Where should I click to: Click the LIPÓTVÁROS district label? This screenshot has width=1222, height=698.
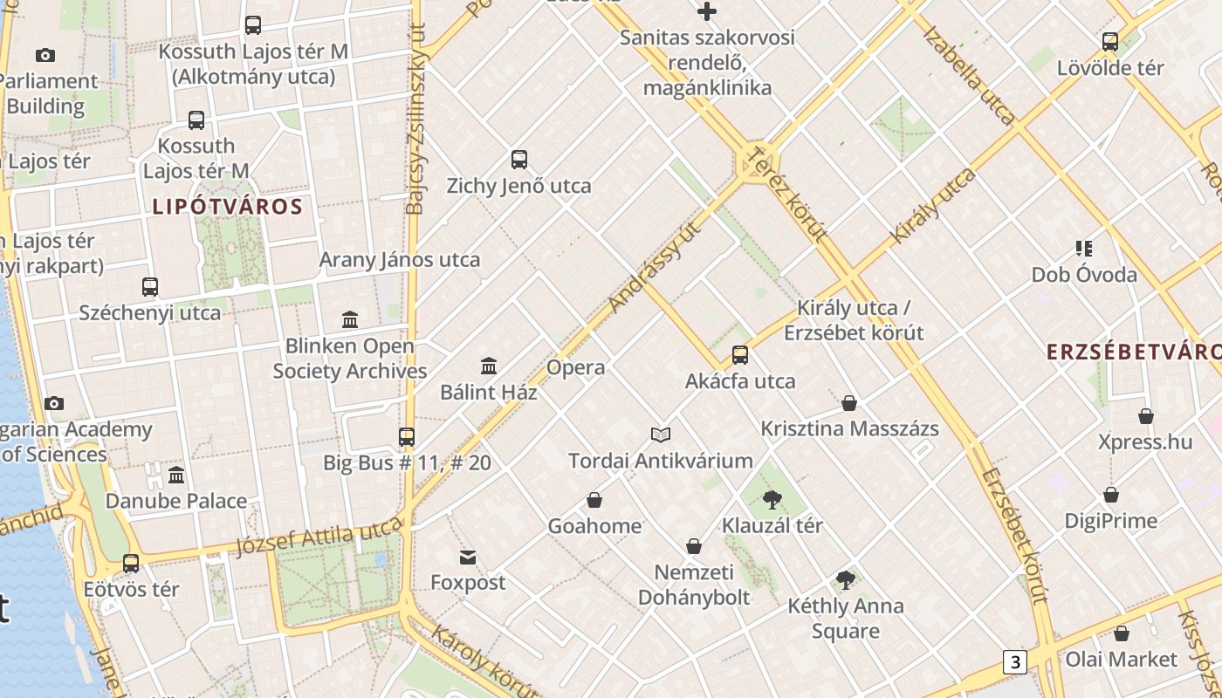click(227, 207)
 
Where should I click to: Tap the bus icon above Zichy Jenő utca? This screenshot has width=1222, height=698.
click(519, 160)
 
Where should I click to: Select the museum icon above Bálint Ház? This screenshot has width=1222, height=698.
click(489, 366)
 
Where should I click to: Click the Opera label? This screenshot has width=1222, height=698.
click(575, 367)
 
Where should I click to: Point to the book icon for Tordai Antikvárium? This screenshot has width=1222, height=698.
click(661, 435)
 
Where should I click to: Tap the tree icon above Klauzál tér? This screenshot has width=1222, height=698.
click(772, 500)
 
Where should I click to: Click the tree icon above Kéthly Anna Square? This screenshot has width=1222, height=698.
click(845, 579)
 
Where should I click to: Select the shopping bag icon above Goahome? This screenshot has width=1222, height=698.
click(594, 500)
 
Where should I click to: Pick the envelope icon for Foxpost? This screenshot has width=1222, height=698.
click(468, 557)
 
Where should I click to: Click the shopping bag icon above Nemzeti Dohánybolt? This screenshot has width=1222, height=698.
click(694, 546)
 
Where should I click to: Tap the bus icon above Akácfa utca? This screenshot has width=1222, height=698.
click(740, 355)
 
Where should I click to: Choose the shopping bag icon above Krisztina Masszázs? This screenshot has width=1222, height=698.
click(849, 403)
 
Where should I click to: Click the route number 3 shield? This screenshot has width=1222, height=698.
click(1014, 661)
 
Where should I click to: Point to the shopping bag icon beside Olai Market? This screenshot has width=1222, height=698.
click(1122, 633)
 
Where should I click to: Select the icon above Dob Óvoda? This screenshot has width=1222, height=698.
click(1084, 249)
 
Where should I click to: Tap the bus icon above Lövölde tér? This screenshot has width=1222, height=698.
click(1110, 41)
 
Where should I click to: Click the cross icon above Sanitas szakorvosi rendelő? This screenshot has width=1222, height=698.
click(707, 11)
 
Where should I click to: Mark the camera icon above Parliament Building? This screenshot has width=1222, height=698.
click(45, 55)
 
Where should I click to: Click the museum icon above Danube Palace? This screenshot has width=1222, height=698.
click(176, 476)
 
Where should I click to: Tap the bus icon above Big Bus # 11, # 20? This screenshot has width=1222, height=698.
click(407, 436)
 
